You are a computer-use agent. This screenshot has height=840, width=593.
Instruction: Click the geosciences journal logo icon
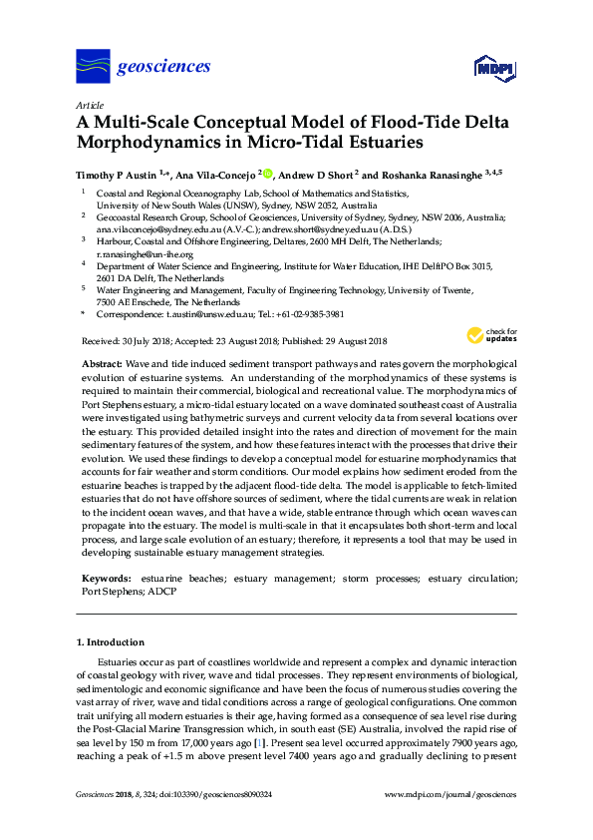(93, 66)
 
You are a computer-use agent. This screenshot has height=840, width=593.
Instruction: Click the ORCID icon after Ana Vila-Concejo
(268, 173)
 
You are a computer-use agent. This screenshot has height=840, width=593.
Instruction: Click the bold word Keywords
(105, 579)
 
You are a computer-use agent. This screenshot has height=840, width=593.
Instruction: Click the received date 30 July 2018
(149, 339)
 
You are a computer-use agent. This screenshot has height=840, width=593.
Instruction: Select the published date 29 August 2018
(357, 339)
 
